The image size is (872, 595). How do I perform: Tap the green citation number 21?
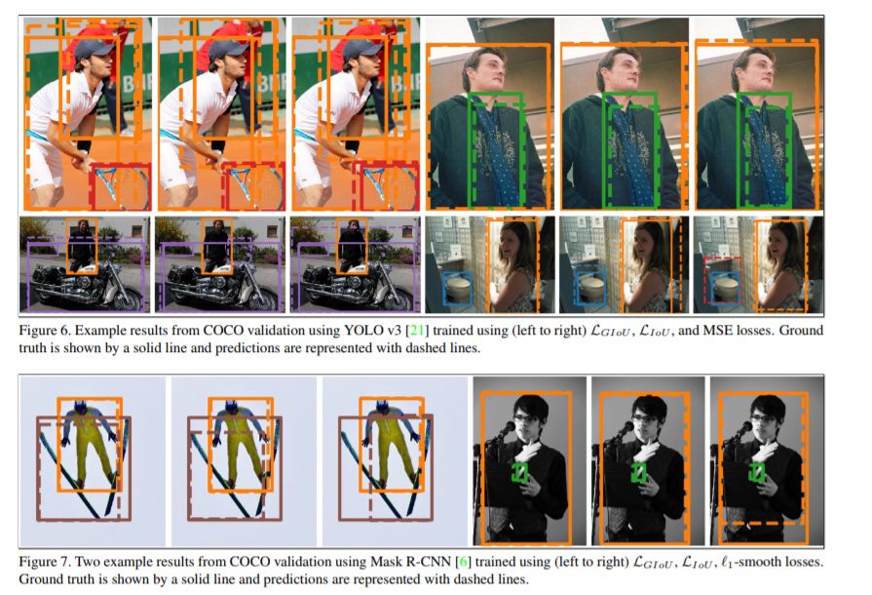point(417,331)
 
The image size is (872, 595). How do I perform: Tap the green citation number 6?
point(461,562)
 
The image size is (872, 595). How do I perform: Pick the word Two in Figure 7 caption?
point(89,562)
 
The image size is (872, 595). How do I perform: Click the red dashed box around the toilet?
point(704,278)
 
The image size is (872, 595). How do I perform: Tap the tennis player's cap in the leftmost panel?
point(93,50)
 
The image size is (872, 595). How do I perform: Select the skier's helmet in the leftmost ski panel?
point(80,407)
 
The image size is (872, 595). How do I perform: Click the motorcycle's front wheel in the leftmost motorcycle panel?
point(126,297)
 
